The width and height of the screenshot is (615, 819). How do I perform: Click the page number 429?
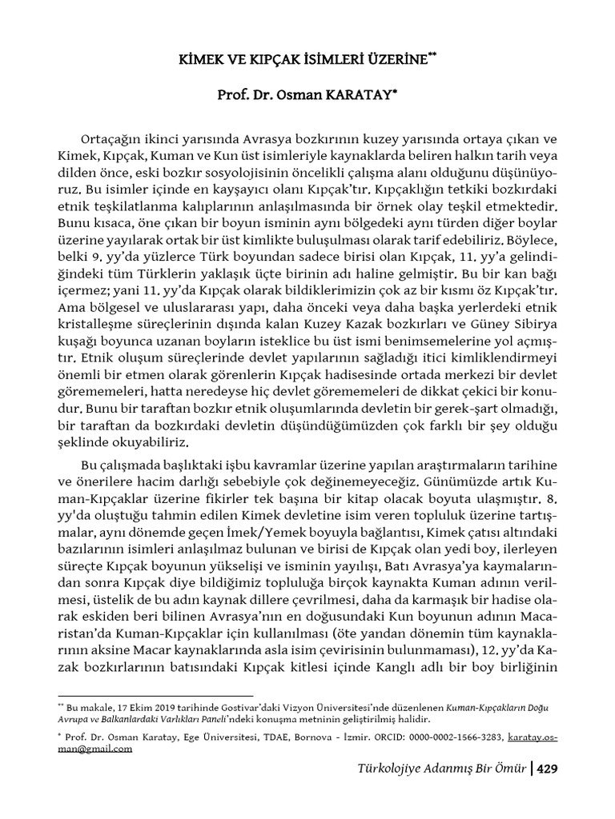tap(547, 769)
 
